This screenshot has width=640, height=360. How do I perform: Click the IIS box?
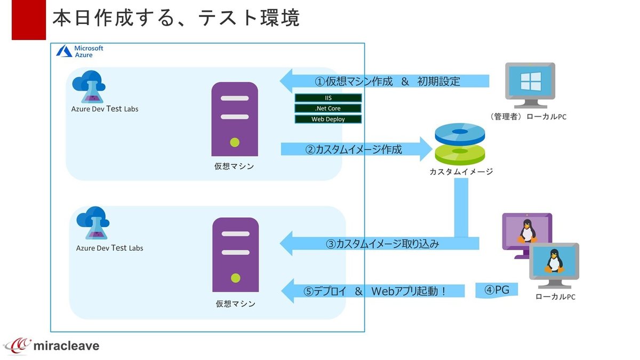pyautogui.click(x=328, y=98)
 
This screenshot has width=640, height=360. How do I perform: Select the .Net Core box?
pyautogui.click(x=328, y=109)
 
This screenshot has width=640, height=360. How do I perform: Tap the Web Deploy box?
pyautogui.click(x=328, y=119)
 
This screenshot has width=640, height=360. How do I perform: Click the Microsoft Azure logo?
pyautogui.click(x=81, y=51)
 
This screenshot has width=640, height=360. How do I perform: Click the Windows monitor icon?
pyautogui.click(x=530, y=85)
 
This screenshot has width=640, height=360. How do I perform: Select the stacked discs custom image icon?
pyautogui.click(x=460, y=144)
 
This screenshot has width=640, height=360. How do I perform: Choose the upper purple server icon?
pyautogui.click(x=235, y=119)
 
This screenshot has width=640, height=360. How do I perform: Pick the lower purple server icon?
pyautogui.click(x=235, y=254)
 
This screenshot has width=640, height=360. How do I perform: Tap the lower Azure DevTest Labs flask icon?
pyautogui.click(x=93, y=223)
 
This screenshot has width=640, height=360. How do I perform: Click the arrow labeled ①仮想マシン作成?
pyautogui.click(x=384, y=82)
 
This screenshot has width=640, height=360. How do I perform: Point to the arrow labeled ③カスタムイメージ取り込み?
pyautogui.click(x=379, y=244)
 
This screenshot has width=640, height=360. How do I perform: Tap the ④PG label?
pyautogui.click(x=497, y=291)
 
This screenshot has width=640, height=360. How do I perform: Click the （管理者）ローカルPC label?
pyautogui.click(x=527, y=117)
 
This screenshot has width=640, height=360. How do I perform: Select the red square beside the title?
pyautogui.click(x=28, y=20)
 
